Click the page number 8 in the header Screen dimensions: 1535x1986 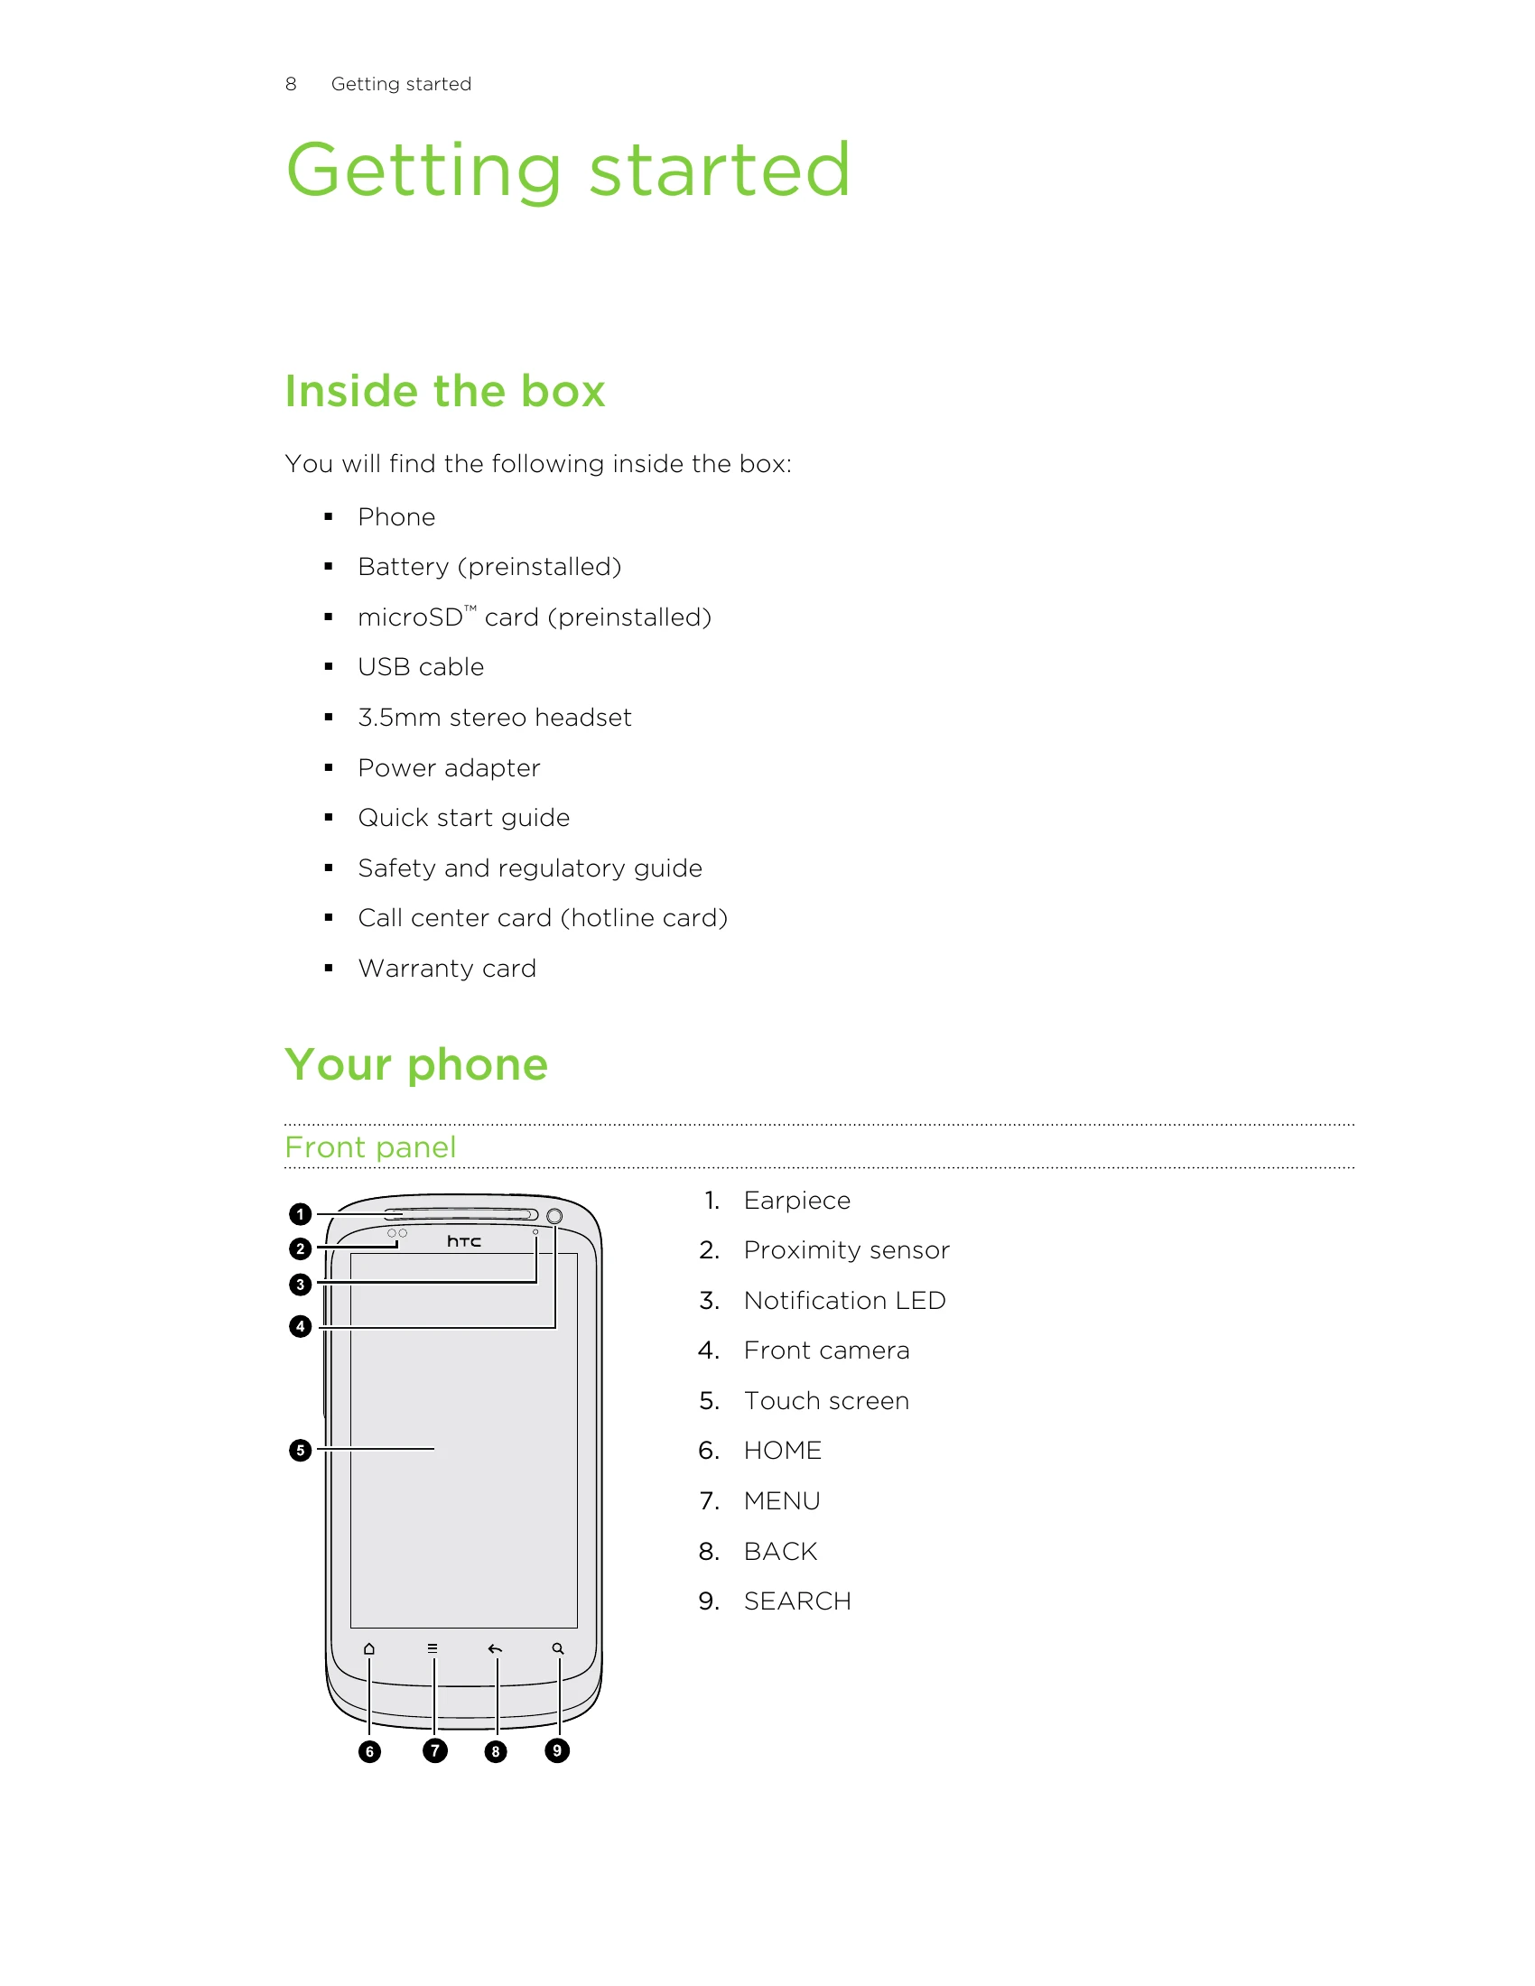290,84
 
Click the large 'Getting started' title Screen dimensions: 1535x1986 568,171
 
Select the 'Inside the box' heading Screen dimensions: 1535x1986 444,392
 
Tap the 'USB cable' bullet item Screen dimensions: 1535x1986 420,666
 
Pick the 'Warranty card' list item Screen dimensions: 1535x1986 446,968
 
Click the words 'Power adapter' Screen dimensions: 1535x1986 449,767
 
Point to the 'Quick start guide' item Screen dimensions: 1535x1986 464,818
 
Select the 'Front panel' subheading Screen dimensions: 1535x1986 370,1147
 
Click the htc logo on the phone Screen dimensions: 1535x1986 464,1241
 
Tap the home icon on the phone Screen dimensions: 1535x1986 369,1648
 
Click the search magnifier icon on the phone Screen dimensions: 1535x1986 558,1648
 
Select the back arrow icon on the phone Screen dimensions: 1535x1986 495,1648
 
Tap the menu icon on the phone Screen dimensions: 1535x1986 433,1648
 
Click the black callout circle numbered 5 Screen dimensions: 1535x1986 300,1450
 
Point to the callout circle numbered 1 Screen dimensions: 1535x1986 300,1214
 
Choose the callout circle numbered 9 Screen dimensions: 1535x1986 556,1749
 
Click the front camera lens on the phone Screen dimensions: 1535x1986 554,1216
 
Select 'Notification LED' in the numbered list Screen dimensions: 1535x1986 845,1300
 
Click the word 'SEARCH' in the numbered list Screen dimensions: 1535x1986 797,1601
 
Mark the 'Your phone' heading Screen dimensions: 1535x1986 416,1065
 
